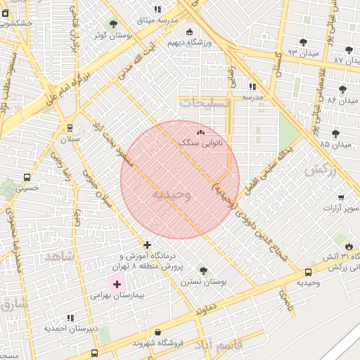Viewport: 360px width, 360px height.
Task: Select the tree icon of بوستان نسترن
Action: coord(203,271)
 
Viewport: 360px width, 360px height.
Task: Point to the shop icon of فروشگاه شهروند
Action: coord(157,332)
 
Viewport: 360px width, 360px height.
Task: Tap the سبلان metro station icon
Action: coord(70,127)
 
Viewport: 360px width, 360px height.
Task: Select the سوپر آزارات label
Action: coord(341,208)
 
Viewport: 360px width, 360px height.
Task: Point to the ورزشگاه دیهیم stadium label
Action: coord(189,43)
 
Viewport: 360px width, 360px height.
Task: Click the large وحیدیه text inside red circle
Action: coord(172,195)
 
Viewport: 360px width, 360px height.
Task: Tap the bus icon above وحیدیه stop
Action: coord(308,272)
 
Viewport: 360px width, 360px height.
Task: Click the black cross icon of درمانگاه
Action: coord(147,245)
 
